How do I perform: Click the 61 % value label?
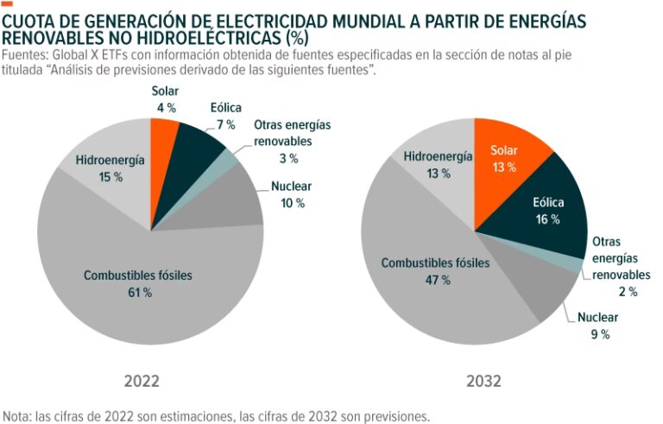(138, 293)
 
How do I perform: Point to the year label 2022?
(142, 381)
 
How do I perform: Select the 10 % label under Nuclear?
(292, 203)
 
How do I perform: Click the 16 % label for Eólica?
(547, 219)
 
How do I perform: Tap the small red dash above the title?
(8, 4)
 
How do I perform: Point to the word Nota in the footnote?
(18, 415)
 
